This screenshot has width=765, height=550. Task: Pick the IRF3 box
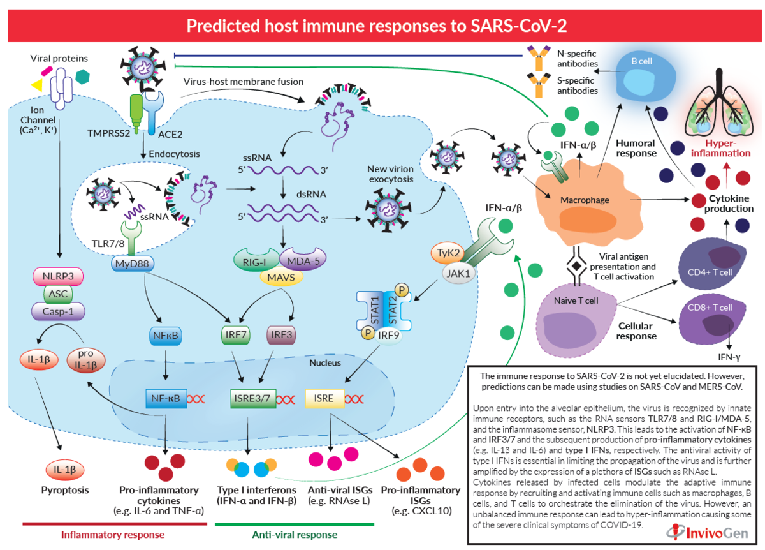tap(281, 334)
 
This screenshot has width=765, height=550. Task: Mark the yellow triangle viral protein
tap(37, 85)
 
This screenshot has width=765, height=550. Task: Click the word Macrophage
tap(584, 200)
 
